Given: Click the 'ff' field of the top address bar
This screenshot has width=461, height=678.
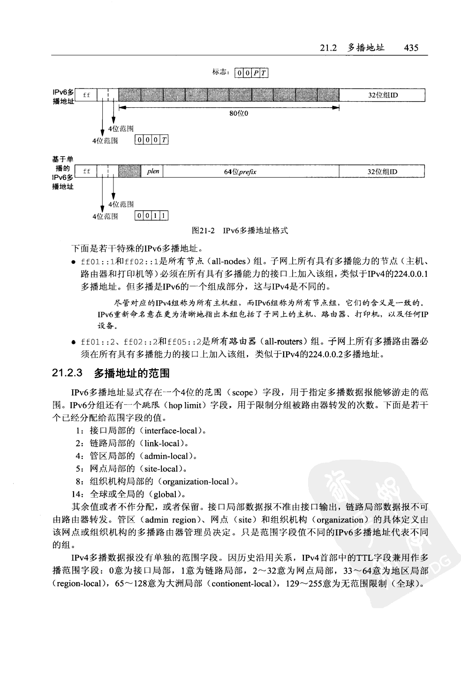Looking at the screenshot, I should (x=86, y=96).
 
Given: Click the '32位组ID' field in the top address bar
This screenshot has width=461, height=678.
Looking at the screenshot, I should (x=382, y=96).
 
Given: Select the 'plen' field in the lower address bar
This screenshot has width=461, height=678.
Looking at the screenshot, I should (x=153, y=171).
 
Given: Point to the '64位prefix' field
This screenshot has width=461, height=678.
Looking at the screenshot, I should (x=240, y=172).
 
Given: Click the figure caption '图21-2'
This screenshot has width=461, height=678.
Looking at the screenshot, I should (x=203, y=231).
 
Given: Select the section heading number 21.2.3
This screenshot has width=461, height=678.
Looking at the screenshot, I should (x=68, y=373).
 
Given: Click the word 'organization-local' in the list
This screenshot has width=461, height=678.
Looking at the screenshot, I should (x=196, y=481).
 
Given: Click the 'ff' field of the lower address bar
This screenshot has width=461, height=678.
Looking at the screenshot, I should (x=86, y=171).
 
